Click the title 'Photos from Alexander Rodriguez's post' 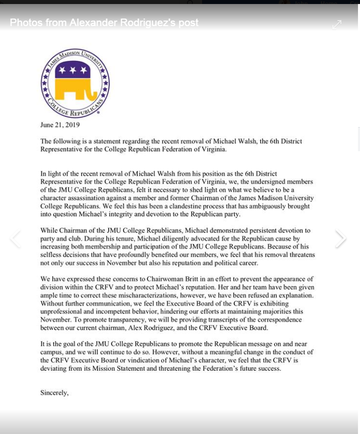coord(104,23)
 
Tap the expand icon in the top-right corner coord(337,25)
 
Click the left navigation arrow coord(15,239)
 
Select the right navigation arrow coord(341,239)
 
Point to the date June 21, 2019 coord(60,125)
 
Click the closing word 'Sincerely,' coord(54,393)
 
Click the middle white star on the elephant coord(75,70)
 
